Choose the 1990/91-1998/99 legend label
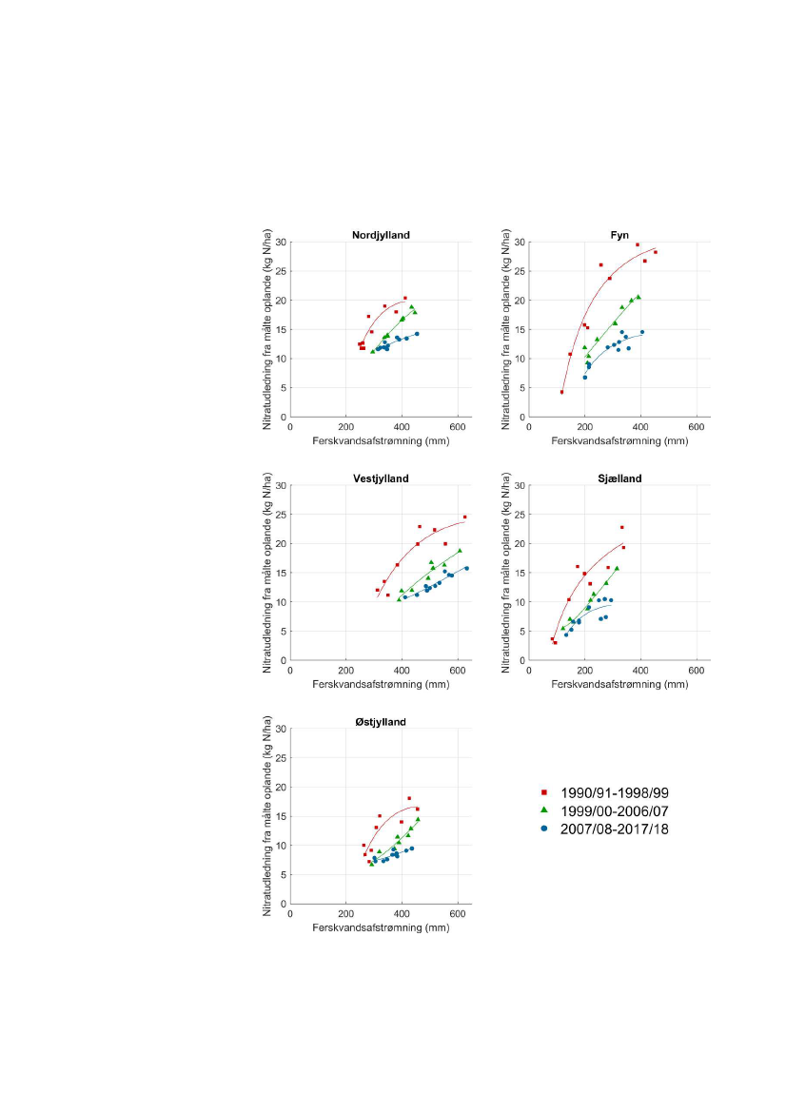pyautogui.click(x=622, y=792)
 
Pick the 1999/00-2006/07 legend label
pyautogui.click(x=622, y=810)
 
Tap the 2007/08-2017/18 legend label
pyautogui.click(x=622, y=829)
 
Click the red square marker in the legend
pyautogui.click(x=543, y=792)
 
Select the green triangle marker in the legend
pyautogui.click(x=543, y=810)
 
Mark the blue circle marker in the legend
pyautogui.click(x=543, y=829)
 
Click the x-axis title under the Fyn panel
pyautogui.click(x=619, y=440)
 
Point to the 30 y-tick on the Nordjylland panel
pyautogui.click(x=281, y=243)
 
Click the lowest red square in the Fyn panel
pyautogui.click(x=561, y=392)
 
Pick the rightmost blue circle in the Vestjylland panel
pyautogui.click(x=466, y=568)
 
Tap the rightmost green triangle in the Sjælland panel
pyautogui.click(x=617, y=569)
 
